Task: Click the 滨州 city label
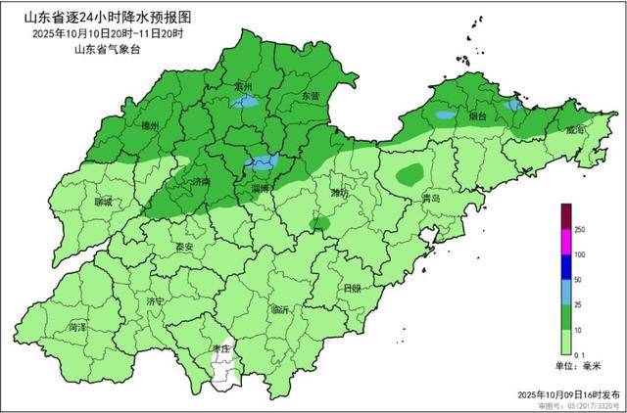tap(245, 87)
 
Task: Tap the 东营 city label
tap(311, 96)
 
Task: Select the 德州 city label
tap(150, 126)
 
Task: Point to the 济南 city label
tap(201, 182)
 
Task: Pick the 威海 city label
tap(575, 129)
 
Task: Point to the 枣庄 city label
tap(221, 348)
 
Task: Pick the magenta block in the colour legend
tap(565, 241)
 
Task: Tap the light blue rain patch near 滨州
tap(248, 101)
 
